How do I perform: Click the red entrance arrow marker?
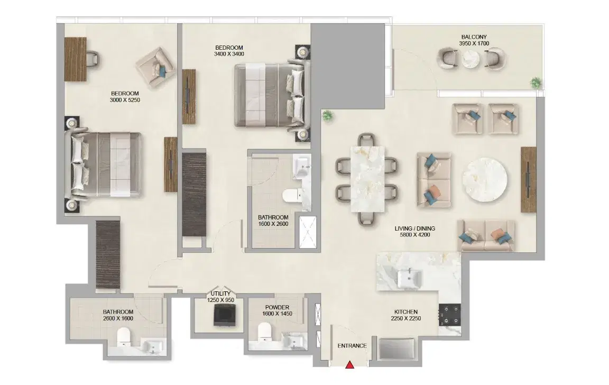349,364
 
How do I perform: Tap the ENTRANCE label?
352,346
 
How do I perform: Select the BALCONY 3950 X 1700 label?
474,41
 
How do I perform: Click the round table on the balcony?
470,59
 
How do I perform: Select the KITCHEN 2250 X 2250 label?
405,315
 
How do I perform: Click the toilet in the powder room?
264,334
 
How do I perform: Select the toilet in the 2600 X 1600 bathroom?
123,336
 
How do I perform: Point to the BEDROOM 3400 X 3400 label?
229,50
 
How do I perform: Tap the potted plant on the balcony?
536,82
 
